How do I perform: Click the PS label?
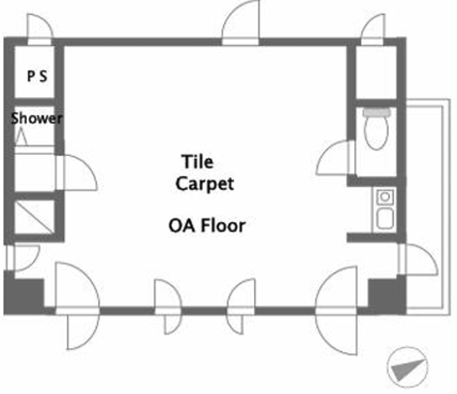tap(37, 76)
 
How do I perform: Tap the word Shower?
tap(36, 118)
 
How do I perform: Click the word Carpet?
tap(205, 184)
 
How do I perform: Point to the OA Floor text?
tap(207, 226)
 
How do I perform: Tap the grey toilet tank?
tap(377, 112)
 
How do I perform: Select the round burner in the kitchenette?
tap(385, 197)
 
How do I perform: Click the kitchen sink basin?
tap(385, 218)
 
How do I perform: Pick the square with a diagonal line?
tap(34, 217)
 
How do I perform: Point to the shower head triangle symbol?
tap(22, 137)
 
